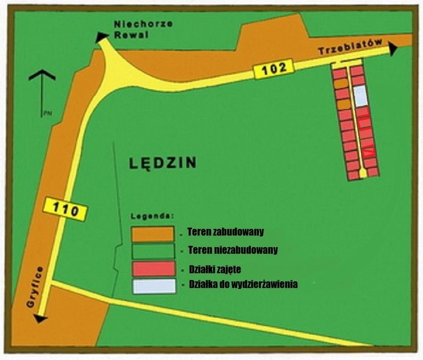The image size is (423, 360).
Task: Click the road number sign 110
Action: [x=66, y=209]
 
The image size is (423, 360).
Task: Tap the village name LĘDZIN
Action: [x=162, y=162]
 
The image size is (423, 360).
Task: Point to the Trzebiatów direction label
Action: [x=351, y=47]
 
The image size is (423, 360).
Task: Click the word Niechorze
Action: [x=143, y=24]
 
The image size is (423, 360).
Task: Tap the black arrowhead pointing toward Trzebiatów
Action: [x=393, y=49]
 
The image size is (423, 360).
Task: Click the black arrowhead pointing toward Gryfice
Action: [x=39, y=319]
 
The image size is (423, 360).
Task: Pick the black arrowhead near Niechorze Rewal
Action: [x=102, y=37]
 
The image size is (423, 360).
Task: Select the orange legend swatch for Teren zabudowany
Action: [x=152, y=234]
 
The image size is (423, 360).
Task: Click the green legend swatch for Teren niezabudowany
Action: [x=152, y=251]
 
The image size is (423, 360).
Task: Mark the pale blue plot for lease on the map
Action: [x=360, y=96]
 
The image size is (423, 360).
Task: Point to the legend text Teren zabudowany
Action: [x=225, y=231]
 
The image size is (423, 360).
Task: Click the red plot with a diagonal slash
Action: [x=368, y=151]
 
